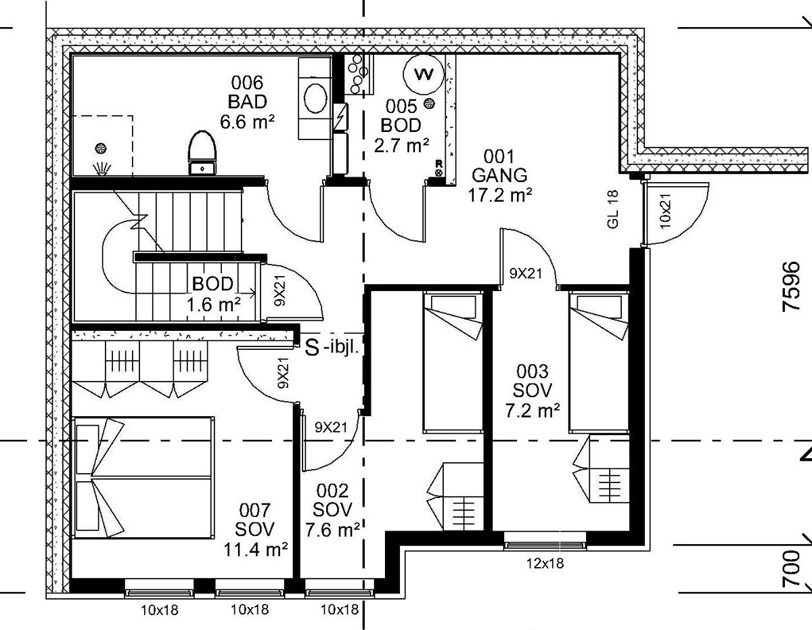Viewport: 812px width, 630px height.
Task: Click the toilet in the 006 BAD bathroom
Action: click(202, 152)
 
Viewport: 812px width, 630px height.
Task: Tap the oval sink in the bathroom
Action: click(316, 98)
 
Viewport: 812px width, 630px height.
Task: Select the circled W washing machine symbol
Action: click(424, 74)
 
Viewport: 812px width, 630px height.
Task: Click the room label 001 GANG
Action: click(499, 166)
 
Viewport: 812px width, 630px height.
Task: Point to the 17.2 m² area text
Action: click(500, 195)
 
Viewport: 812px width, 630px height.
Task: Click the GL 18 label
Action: click(613, 209)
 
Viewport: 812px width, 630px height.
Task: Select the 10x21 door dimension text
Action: click(666, 211)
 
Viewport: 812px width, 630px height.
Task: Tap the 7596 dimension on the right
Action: click(791, 286)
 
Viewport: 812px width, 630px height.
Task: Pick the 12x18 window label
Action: click(545, 563)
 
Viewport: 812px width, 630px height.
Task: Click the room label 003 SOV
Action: click(532, 381)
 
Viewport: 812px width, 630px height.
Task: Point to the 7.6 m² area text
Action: click(332, 529)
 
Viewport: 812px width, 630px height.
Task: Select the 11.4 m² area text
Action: click(256, 549)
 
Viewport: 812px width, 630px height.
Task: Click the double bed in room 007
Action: click(143, 478)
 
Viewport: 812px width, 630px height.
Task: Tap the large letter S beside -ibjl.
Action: click(313, 347)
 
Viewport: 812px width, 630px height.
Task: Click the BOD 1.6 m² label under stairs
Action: click(212, 294)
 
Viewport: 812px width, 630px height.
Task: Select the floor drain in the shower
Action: click(101, 148)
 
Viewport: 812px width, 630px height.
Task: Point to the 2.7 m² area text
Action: click(401, 145)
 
